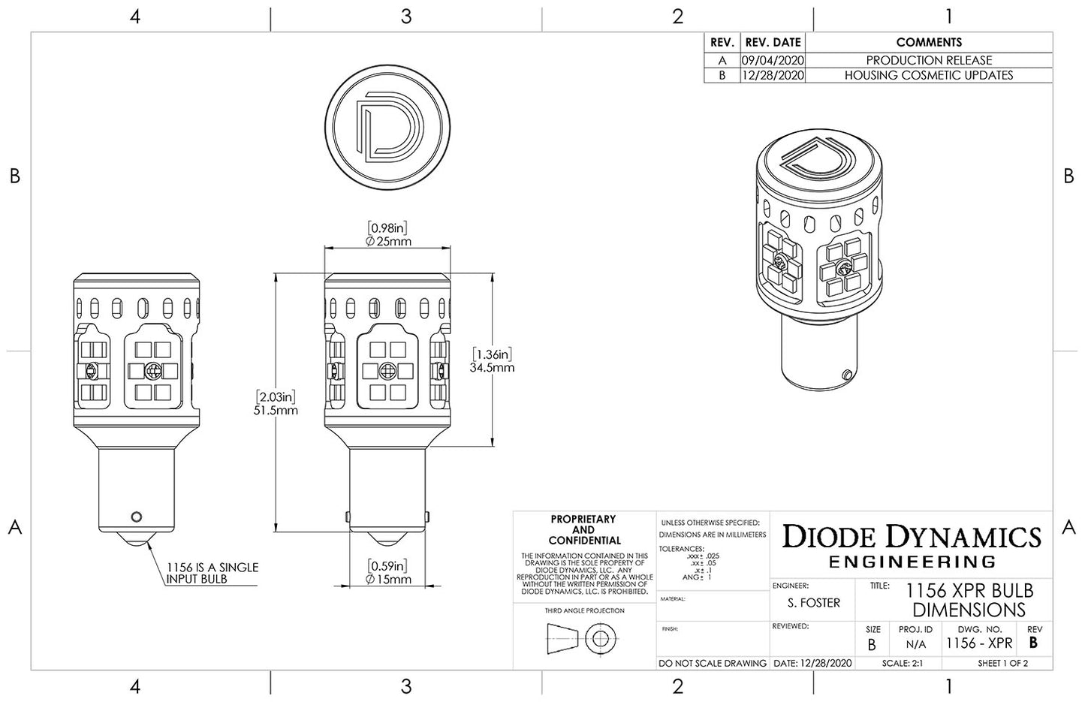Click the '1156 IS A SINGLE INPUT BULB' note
[x=212, y=573]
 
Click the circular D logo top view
[x=389, y=127]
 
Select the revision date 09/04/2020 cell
[x=772, y=60]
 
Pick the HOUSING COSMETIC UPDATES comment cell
[x=928, y=75]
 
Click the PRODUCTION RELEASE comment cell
[x=928, y=60]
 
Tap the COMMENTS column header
[x=928, y=43]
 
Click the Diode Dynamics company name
[x=912, y=538]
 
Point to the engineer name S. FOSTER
[x=814, y=603]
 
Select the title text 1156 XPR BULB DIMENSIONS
[x=969, y=600]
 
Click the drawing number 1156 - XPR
[x=979, y=643]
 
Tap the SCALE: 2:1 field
[x=902, y=664]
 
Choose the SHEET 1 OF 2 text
[x=1002, y=664]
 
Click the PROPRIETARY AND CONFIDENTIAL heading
[x=583, y=529]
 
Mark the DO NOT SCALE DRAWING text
[x=712, y=664]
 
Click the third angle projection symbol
[x=583, y=639]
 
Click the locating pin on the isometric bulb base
[x=847, y=374]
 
